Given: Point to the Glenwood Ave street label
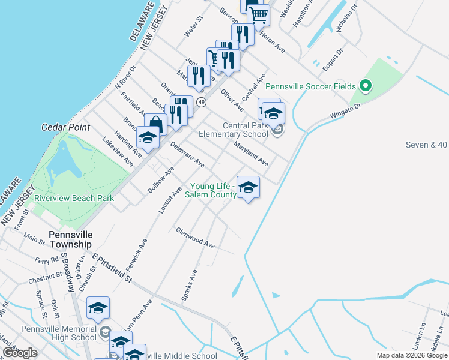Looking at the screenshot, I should [195, 238].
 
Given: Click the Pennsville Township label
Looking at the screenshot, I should [70, 239].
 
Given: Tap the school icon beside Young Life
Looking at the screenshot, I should [248, 188].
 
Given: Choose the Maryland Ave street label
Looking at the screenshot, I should [251, 154].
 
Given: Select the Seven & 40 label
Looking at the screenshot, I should [426, 145].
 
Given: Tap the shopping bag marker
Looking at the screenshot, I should [155, 124].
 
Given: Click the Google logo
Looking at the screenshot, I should [20, 353].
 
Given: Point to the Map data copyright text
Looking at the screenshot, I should [411, 355].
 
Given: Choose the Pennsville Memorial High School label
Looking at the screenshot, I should [58, 333].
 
